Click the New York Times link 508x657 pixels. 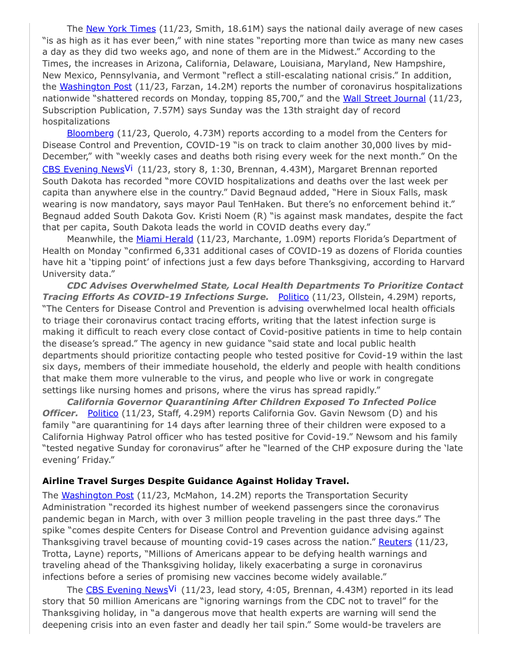[121, 29]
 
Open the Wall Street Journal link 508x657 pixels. [384, 98]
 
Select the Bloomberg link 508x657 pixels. [90, 133]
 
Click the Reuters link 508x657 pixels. [395, 542]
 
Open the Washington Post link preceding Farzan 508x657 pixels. [96, 86]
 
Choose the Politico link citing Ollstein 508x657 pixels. [293, 297]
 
